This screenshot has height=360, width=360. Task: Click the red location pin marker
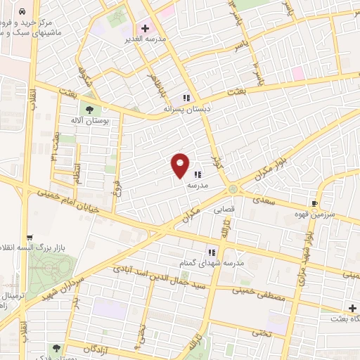click(x=181, y=165)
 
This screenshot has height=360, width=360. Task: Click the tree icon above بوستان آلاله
click(x=89, y=109)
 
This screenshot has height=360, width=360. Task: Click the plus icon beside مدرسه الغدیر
click(x=145, y=29)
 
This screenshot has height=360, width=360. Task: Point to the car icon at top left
click(x=23, y=12)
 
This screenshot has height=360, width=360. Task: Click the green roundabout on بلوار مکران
click(x=233, y=188)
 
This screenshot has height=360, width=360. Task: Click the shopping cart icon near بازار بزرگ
click(x=29, y=238)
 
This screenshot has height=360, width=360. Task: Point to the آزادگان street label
click(x=97, y=347)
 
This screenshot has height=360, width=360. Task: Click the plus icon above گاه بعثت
click(x=352, y=309)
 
